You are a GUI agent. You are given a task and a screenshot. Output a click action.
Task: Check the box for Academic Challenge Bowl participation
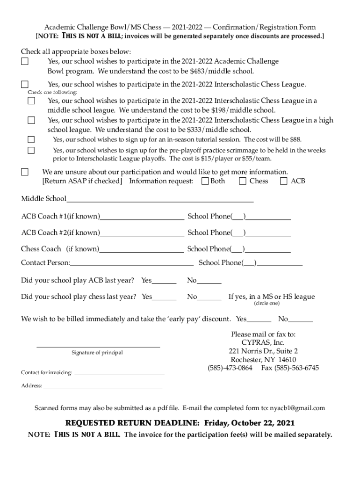pos(24,61)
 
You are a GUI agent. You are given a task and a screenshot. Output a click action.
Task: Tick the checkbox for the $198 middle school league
pos(31,101)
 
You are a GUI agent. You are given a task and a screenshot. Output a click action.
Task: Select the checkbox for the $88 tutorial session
pos(31,139)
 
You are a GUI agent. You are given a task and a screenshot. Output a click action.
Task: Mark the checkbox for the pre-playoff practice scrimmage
pos(31,150)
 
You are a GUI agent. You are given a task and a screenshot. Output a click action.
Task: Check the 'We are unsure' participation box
pos(24,172)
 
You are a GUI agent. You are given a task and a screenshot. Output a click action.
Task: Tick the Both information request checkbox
pos(205,181)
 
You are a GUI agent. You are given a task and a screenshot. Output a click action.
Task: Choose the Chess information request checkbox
pos(242,181)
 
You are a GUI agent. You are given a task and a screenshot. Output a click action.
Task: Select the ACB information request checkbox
pos(283,181)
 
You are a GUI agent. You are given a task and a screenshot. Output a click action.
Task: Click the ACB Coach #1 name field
pos(142,217)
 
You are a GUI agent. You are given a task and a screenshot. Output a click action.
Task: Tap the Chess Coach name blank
pos(141,250)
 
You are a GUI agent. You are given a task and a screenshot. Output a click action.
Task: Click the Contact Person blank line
pos(131,263)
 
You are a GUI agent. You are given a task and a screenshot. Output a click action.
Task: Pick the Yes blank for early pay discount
pos(259,320)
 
